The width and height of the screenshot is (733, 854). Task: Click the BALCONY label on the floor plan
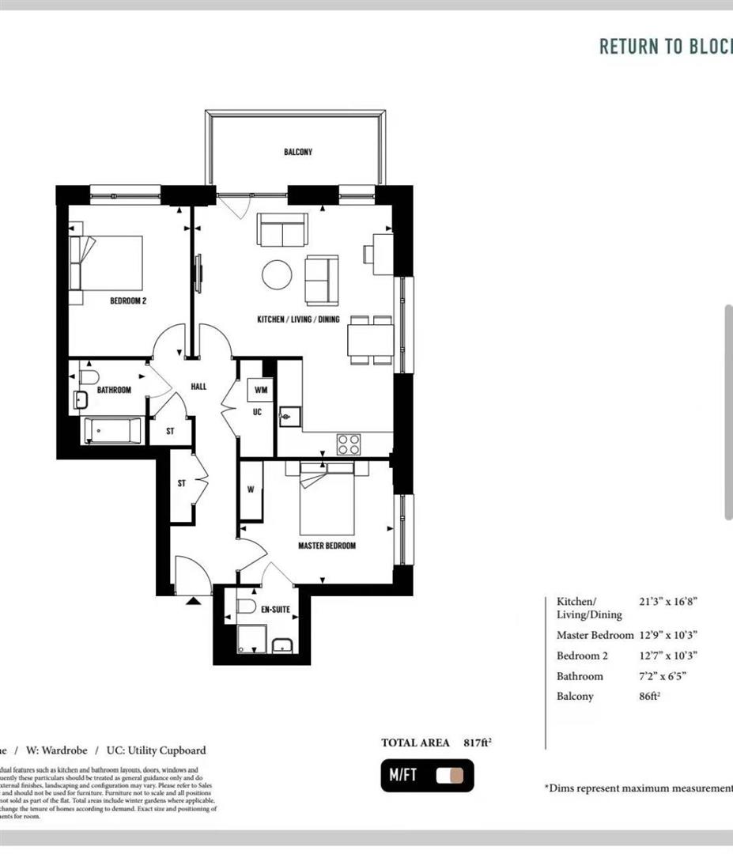click(x=298, y=152)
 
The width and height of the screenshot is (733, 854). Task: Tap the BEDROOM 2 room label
click(x=128, y=300)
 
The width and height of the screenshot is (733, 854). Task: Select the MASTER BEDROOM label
click(x=327, y=546)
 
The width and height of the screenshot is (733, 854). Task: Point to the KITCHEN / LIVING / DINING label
click(x=298, y=319)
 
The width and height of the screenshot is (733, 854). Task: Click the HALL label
click(x=198, y=387)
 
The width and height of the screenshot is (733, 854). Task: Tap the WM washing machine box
click(x=260, y=390)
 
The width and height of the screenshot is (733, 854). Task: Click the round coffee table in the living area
click(x=278, y=275)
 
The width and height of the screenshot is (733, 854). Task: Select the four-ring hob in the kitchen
click(x=349, y=444)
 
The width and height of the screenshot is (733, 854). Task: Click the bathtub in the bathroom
click(x=112, y=431)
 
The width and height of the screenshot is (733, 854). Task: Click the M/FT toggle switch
click(x=449, y=776)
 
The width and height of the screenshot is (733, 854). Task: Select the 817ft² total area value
click(x=478, y=743)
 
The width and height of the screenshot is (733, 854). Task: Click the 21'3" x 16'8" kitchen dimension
click(x=668, y=601)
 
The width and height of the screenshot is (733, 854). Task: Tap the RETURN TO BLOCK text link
click(x=665, y=46)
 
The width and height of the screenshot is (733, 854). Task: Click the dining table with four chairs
click(x=370, y=341)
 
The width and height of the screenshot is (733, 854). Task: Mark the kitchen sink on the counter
click(x=289, y=414)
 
